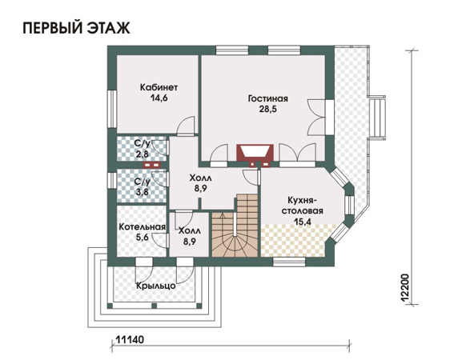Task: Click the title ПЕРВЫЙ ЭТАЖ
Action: pyautogui.click(x=76, y=28)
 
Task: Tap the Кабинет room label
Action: pyautogui.click(x=159, y=87)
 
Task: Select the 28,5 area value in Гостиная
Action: pyautogui.click(x=268, y=110)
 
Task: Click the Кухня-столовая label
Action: pyautogui.click(x=302, y=205)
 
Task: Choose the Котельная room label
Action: pyautogui.click(x=142, y=227)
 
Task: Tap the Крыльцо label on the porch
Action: pyautogui.click(x=156, y=286)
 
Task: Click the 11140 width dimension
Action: pyautogui.click(x=130, y=339)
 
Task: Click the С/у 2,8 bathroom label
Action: pyautogui.click(x=143, y=149)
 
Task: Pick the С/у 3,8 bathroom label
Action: pyautogui.click(x=143, y=187)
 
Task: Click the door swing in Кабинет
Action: pyautogui.click(x=186, y=126)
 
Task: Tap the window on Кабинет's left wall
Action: pyautogui.click(x=112, y=109)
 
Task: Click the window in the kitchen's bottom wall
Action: pyautogui.click(x=289, y=261)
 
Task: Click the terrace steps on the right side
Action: pyautogui.click(x=376, y=118)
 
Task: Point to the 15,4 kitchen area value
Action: pyautogui.click(x=303, y=222)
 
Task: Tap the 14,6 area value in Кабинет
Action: pyautogui.click(x=159, y=98)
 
